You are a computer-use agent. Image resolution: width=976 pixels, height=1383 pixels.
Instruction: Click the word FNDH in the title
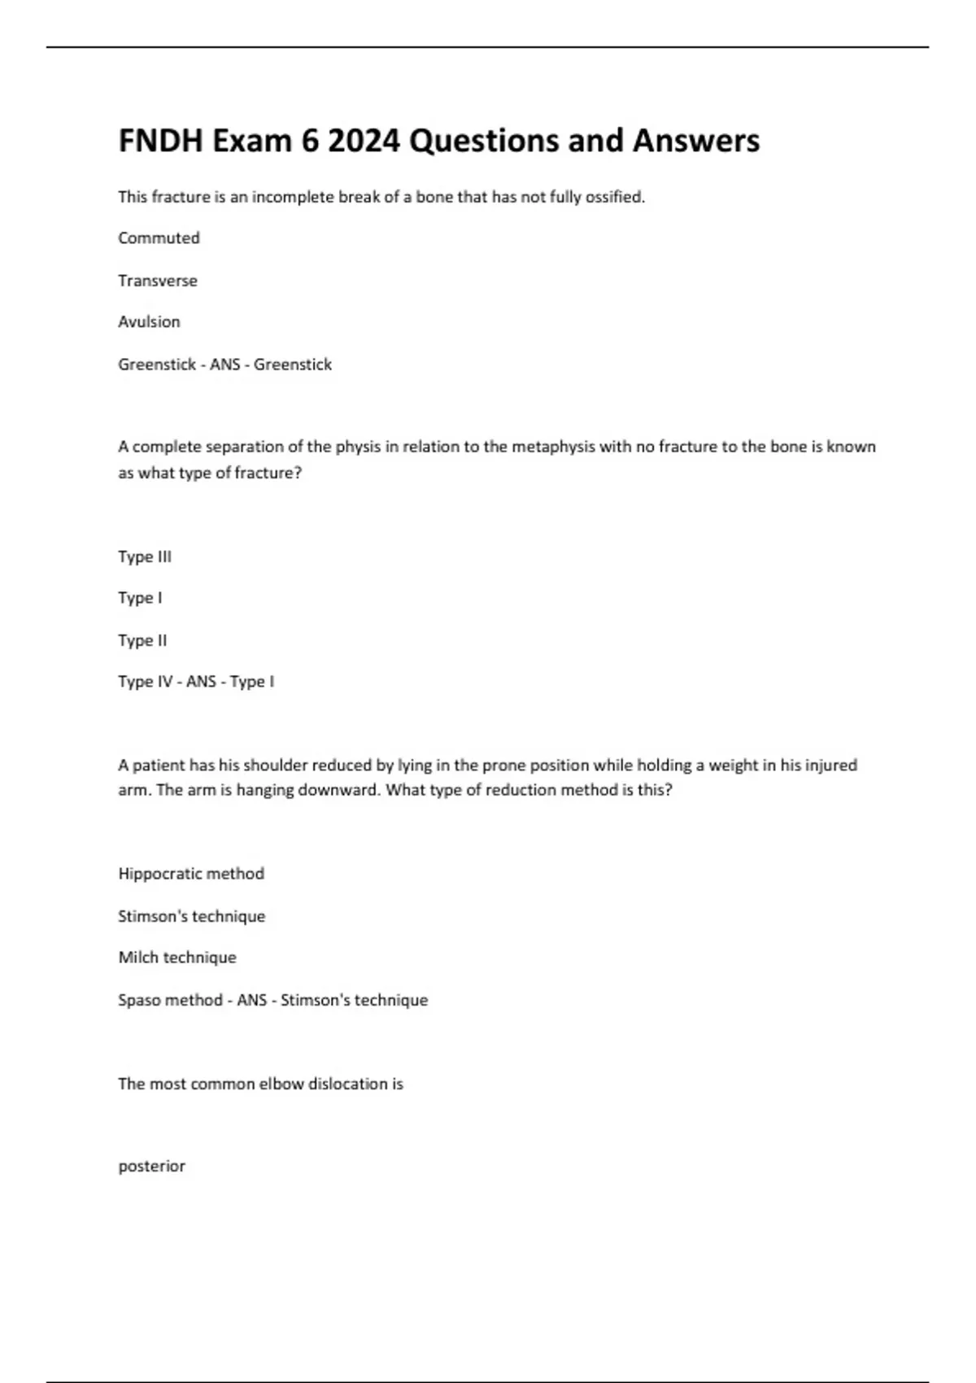(x=159, y=141)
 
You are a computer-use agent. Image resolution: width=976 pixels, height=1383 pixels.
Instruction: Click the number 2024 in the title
(x=364, y=141)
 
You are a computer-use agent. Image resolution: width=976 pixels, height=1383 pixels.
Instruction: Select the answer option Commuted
(x=159, y=238)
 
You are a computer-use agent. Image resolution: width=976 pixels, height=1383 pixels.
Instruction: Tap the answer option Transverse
(x=158, y=280)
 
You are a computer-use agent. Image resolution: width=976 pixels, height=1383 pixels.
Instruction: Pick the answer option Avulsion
(x=149, y=321)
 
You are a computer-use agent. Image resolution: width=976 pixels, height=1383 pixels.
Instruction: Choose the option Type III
(x=145, y=556)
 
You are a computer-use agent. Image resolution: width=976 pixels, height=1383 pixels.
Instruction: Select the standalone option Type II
(x=142, y=640)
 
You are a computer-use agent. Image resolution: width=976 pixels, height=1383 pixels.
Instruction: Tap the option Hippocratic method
(x=191, y=874)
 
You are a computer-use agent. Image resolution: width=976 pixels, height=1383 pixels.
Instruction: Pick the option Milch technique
(x=177, y=958)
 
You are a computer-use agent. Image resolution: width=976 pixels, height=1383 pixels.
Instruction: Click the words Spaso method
(x=170, y=1000)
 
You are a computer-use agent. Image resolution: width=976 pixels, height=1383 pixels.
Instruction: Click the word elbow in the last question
(x=281, y=1084)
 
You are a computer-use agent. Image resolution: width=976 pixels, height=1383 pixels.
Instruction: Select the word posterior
(x=152, y=1167)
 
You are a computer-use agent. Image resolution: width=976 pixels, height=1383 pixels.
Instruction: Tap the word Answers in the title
(x=696, y=141)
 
